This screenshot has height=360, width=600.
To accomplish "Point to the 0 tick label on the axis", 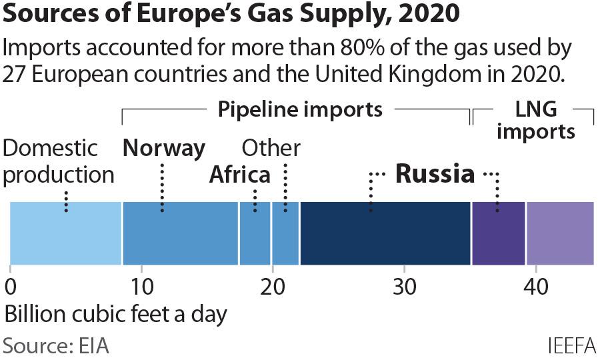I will (11, 287).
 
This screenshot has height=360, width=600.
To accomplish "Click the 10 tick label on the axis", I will (141, 287).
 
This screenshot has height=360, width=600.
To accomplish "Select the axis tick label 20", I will (272, 287).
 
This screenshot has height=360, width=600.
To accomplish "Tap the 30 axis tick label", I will (404, 287).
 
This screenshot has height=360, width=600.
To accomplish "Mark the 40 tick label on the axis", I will (535, 287).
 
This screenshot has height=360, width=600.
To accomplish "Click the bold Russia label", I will (435, 175).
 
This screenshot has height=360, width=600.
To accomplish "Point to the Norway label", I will (164, 148).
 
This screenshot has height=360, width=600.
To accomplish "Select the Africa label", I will (240, 175).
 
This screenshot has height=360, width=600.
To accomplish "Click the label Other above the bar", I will (271, 148).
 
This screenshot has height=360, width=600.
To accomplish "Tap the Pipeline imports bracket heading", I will (300, 109).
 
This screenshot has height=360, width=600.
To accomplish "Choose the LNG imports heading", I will (535, 120).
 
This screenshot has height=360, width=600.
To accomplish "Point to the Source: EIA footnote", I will (56, 347).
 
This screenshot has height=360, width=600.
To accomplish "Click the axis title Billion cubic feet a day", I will (115, 313).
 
